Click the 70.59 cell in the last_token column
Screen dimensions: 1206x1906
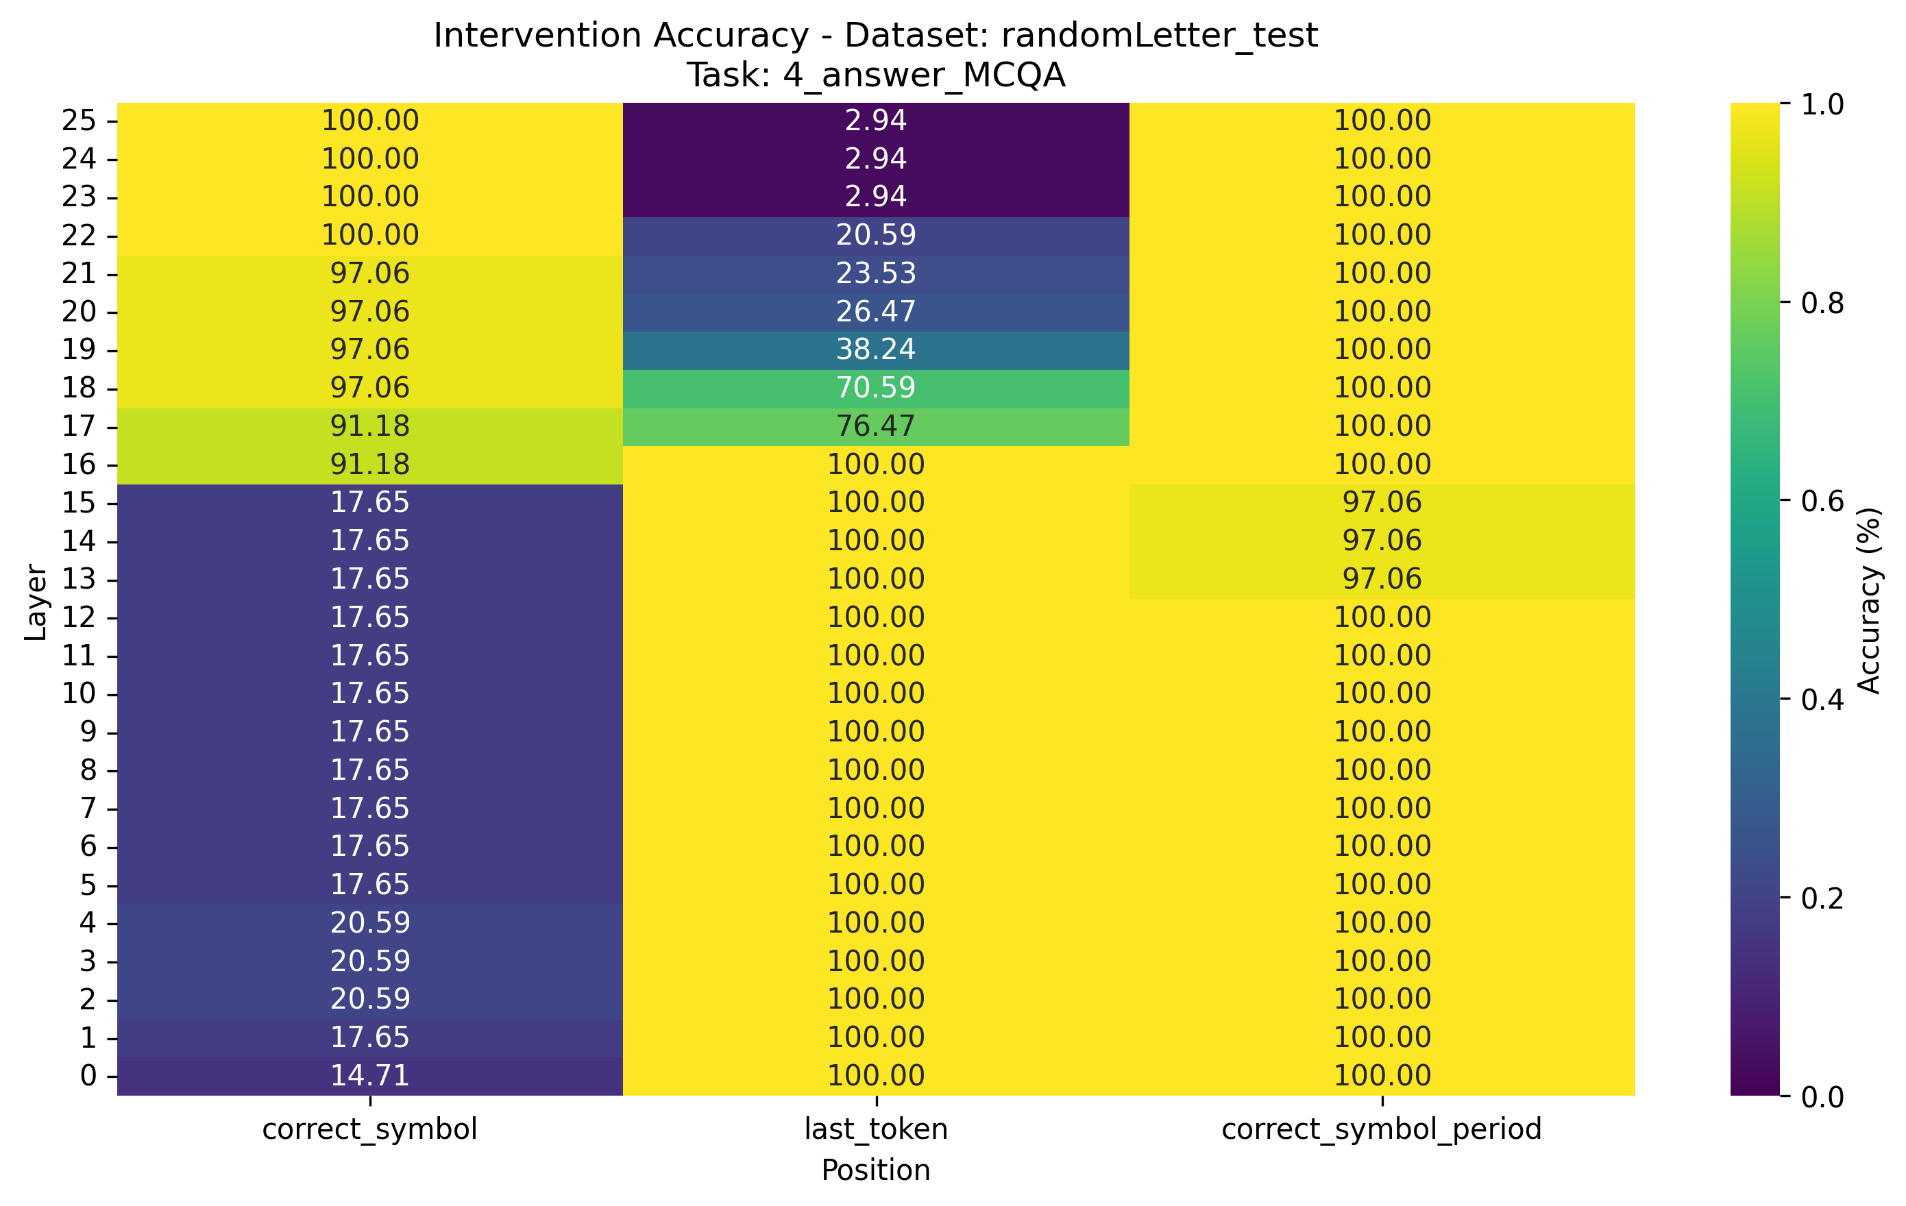(875, 388)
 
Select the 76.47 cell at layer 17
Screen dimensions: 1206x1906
(875, 426)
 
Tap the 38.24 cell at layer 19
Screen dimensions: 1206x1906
(875, 349)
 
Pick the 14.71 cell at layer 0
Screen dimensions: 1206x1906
(369, 1075)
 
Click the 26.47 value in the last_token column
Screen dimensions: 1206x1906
(875, 311)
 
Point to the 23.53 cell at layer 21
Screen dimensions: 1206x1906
(875, 273)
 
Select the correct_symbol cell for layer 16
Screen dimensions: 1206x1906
(369, 464)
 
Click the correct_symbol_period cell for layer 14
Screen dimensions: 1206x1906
(1381, 541)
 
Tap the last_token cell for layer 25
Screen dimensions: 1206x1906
(875, 121)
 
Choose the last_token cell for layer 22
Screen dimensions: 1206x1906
(875, 235)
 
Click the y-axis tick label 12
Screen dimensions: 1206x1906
(78, 617)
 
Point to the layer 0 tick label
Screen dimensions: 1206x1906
(88, 1075)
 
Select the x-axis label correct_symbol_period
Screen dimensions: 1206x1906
(1381, 1129)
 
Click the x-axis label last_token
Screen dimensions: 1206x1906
(875, 1129)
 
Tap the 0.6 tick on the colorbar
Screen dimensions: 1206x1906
(1822, 501)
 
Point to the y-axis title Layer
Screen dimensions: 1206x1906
(36, 602)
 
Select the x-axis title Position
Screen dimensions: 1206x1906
(875, 1170)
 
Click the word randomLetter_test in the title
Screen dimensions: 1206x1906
(1159, 36)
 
